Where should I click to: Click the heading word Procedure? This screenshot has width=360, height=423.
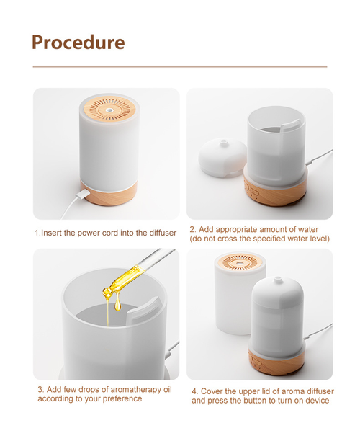tap(78, 42)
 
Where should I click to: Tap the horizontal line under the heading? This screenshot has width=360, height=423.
tap(180, 67)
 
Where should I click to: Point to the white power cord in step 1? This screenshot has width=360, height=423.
tap(71, 207)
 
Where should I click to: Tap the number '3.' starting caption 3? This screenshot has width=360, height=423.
tap(41, 389)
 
